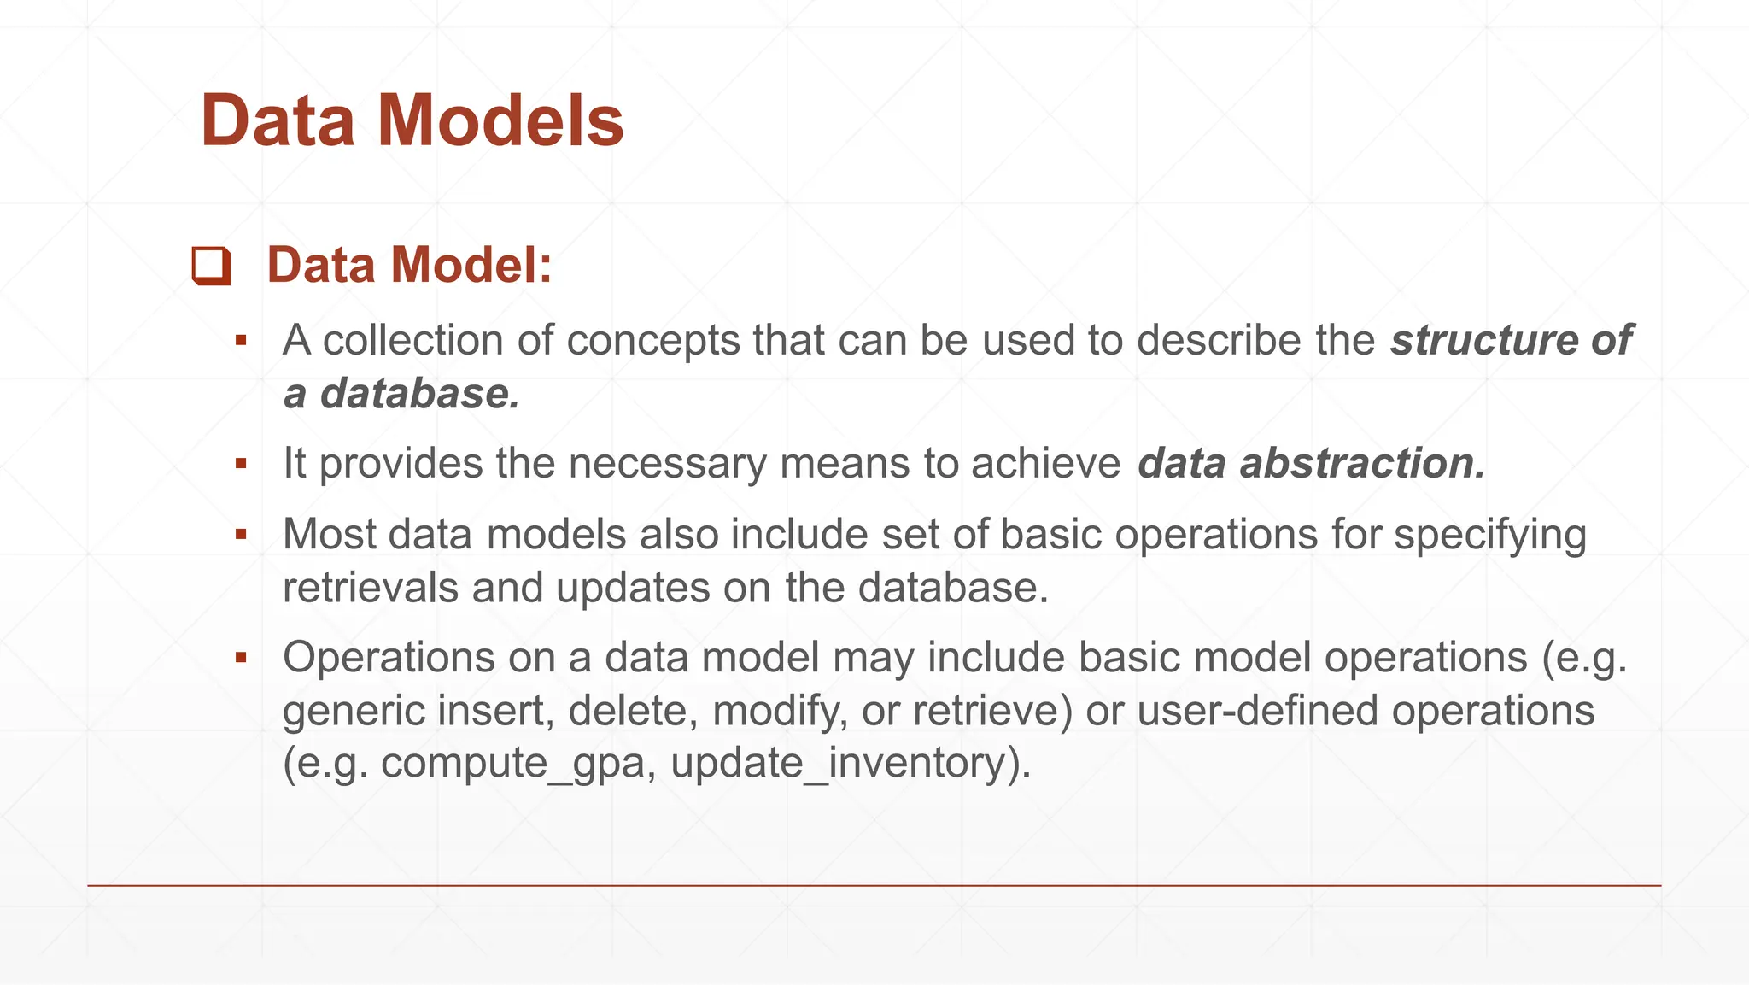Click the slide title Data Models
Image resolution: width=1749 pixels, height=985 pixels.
412,120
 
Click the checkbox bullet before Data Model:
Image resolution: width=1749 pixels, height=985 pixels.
211,266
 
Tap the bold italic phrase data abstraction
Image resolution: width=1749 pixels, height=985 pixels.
1311,463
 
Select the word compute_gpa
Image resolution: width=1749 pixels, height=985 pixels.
512,763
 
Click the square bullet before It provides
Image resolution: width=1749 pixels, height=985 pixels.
241,464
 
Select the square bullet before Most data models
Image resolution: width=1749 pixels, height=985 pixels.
241,535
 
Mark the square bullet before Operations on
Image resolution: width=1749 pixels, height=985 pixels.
241,658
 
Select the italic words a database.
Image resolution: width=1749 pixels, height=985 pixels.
401,394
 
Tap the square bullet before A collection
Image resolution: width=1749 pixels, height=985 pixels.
241,341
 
